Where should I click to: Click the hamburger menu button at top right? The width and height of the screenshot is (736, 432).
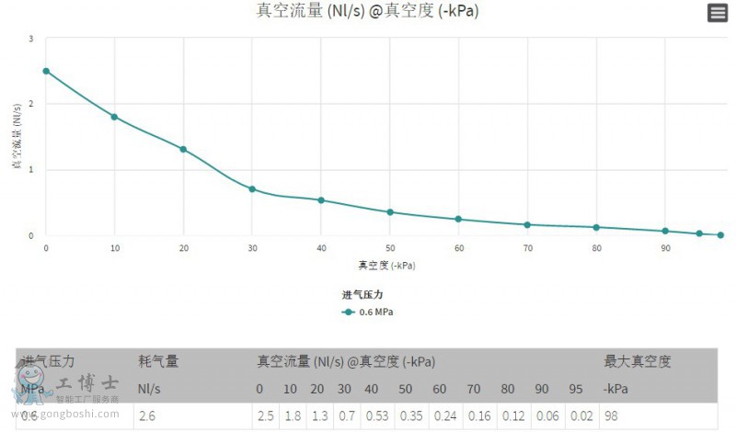[718, 12]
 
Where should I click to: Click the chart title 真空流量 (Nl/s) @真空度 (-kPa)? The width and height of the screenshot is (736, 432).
[367, 11]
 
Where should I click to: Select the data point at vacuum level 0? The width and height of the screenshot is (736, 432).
[46, 71]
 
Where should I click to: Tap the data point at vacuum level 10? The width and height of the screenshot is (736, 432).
[114, 117]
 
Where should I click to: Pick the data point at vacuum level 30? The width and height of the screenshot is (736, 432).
[252, 189]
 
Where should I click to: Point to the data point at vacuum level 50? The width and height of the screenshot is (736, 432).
[390, 212]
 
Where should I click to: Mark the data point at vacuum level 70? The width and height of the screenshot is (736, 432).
[527, 224]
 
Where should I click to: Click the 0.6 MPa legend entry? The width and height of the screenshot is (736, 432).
[368, 312]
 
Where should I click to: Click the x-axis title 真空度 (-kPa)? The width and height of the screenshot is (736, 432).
[386, 266]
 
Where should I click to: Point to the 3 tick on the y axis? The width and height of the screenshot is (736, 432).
[31, 39]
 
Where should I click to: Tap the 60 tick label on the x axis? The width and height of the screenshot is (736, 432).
[458, 248]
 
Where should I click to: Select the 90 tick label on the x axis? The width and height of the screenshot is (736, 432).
[664, 248]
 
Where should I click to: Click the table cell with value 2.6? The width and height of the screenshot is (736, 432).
[147, 416]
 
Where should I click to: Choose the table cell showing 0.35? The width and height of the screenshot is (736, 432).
[411, 416]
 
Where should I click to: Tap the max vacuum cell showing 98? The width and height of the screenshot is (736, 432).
[612, 416]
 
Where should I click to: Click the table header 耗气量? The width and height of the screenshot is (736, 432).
[158, 361]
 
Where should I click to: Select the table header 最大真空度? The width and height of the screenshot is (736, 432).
[637, 361]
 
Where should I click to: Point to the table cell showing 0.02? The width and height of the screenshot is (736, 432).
[581, 416]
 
